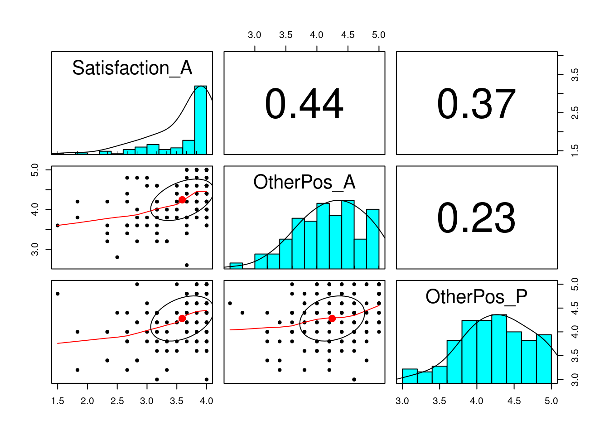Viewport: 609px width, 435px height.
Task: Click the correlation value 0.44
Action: [304, 104]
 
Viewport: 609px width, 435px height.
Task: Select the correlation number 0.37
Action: [476, 104]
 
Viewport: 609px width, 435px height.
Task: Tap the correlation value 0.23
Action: [476, 218]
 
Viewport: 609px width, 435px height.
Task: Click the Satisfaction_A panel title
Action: [132, 68]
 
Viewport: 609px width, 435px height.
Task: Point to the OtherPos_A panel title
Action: [304, 182]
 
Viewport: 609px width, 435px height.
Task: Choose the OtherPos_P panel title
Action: [476, 297]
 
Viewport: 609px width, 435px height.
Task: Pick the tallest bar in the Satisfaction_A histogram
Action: [201, 120]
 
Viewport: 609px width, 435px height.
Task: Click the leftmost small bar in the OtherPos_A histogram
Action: [236, 266]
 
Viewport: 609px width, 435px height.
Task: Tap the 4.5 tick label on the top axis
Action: [348, 35]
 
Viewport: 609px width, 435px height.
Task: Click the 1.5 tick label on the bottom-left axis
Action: [58, 401]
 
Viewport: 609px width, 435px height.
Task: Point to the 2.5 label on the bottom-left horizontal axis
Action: [117, 401]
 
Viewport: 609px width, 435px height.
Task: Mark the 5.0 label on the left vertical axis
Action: [35, 170]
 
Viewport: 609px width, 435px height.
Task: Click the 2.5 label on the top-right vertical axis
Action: [575, 113]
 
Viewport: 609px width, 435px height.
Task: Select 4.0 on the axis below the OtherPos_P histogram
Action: [477, 401]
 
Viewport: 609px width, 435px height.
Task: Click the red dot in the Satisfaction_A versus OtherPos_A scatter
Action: [182, 200]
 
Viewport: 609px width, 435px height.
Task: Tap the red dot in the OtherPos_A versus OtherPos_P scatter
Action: [332, 319]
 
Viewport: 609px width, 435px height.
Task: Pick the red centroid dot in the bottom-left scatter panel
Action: [182, 319]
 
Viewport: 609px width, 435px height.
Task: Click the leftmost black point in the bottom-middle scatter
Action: [230, 303]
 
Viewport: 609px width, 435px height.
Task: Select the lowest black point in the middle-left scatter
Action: [187, 265]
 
